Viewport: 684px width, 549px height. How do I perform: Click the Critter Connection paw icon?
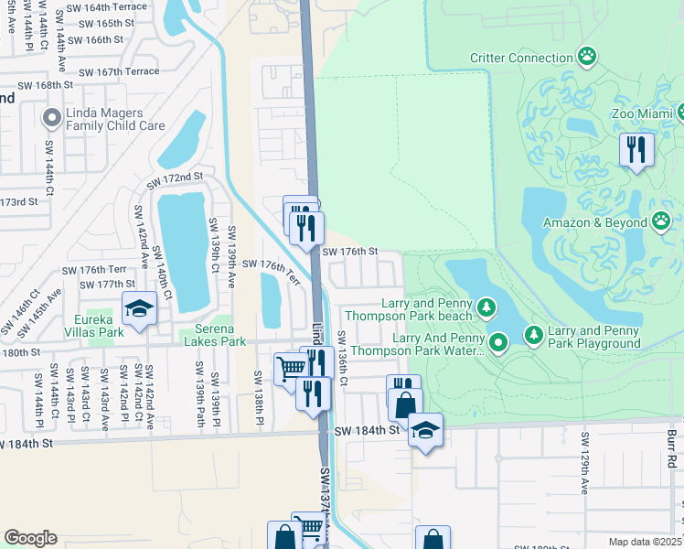pyautogui.click(x=587, y=58)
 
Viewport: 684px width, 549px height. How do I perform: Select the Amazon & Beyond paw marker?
pyautogui.click(x=662, y=221)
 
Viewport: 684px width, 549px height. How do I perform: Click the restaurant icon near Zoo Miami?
pyautogui.click(x=636, y=149)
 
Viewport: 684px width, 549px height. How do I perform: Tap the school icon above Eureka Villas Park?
pyautogui.click(x=139, y=309)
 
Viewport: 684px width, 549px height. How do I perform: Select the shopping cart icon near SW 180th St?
pyautogui.click(x=291, y=369)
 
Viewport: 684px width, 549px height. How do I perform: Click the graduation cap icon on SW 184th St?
pyautogui.click(x=425, y=429)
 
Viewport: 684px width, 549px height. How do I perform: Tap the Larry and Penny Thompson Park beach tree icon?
pyautogui.click(x=486, y=307)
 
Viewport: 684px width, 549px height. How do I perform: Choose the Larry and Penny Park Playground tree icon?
pyautogui.click(x=534, y=336)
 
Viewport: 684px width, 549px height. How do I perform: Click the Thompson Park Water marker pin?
pyautogui.click(x=498, y=343)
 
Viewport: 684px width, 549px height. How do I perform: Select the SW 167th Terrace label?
pyautogui.click(x=119, y=71)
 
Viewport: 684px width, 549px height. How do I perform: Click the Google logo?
pyautogui.click(x=30, y=538)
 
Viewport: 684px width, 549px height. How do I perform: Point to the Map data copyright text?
pyautogui.click(x=646, y=542)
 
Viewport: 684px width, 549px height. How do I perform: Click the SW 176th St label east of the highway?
pyautogui.click(x=349, y=251)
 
